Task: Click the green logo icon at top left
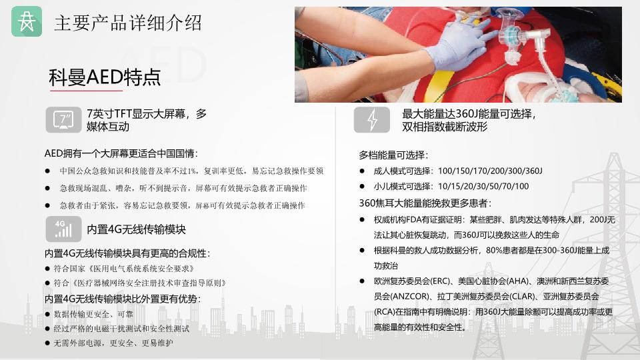27,21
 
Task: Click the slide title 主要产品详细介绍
128,23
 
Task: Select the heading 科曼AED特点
105,77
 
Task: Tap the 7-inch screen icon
63,120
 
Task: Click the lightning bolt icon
372,120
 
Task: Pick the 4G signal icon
63,229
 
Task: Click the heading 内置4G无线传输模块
136,229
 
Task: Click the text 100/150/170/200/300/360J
490,171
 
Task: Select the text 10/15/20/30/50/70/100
483,187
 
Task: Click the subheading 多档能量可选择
393,155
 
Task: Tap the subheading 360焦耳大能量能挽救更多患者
425,203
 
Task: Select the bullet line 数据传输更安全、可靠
93,314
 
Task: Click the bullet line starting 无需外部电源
113,343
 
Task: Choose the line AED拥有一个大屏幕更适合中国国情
121,154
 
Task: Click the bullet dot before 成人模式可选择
362,171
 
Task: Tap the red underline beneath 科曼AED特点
86,90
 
